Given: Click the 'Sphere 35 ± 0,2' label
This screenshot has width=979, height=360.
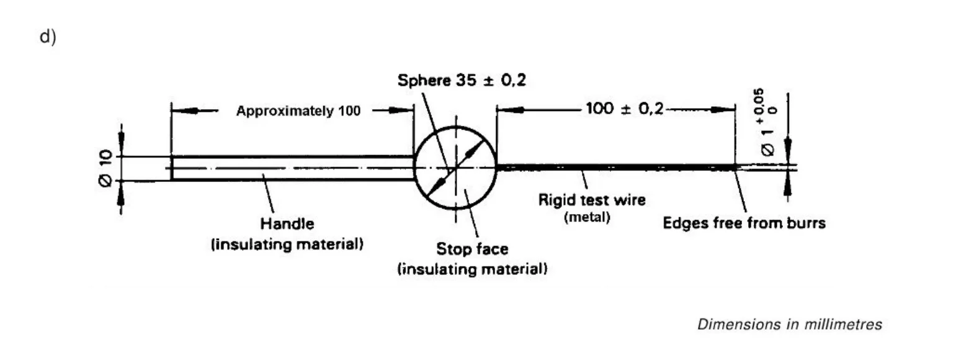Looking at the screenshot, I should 462,81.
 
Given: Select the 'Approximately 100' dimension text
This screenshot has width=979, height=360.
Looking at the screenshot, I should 298,111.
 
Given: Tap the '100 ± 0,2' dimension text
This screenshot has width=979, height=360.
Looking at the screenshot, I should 624,109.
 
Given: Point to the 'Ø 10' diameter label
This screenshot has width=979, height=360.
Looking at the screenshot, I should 106,168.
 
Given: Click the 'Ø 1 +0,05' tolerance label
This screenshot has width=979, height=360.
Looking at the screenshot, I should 768,122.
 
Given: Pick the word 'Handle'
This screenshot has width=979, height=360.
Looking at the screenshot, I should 287,223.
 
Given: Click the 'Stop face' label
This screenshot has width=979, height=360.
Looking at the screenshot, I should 472,249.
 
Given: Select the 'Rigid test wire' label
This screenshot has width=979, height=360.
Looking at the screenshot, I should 591,200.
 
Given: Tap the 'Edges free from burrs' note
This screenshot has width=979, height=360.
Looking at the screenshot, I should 744,223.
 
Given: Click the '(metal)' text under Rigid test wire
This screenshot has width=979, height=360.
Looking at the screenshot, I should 587,217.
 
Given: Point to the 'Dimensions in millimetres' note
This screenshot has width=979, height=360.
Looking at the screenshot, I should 789,324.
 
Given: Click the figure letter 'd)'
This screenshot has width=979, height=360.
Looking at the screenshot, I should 48,37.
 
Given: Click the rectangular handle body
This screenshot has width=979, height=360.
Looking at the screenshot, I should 292,168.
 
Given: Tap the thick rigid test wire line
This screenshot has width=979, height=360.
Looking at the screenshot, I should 614,167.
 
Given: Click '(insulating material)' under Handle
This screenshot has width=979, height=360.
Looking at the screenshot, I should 287,244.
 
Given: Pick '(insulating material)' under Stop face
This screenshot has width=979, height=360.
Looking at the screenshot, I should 472,269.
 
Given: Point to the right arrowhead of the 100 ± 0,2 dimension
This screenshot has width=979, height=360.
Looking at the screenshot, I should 726,110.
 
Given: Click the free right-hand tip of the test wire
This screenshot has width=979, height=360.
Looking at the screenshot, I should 735,167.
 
